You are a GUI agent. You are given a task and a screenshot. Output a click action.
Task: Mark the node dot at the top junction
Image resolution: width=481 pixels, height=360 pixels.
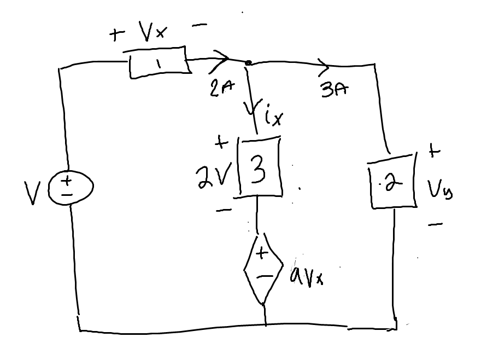[x=248, y=63]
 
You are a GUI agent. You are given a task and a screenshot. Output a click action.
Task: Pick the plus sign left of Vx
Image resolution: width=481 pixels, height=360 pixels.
[x=116, y=36]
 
